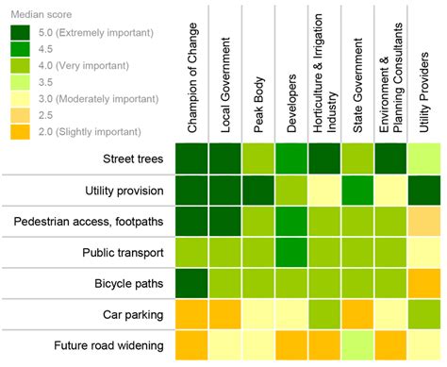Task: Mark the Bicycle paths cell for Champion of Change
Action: [192, 283]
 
